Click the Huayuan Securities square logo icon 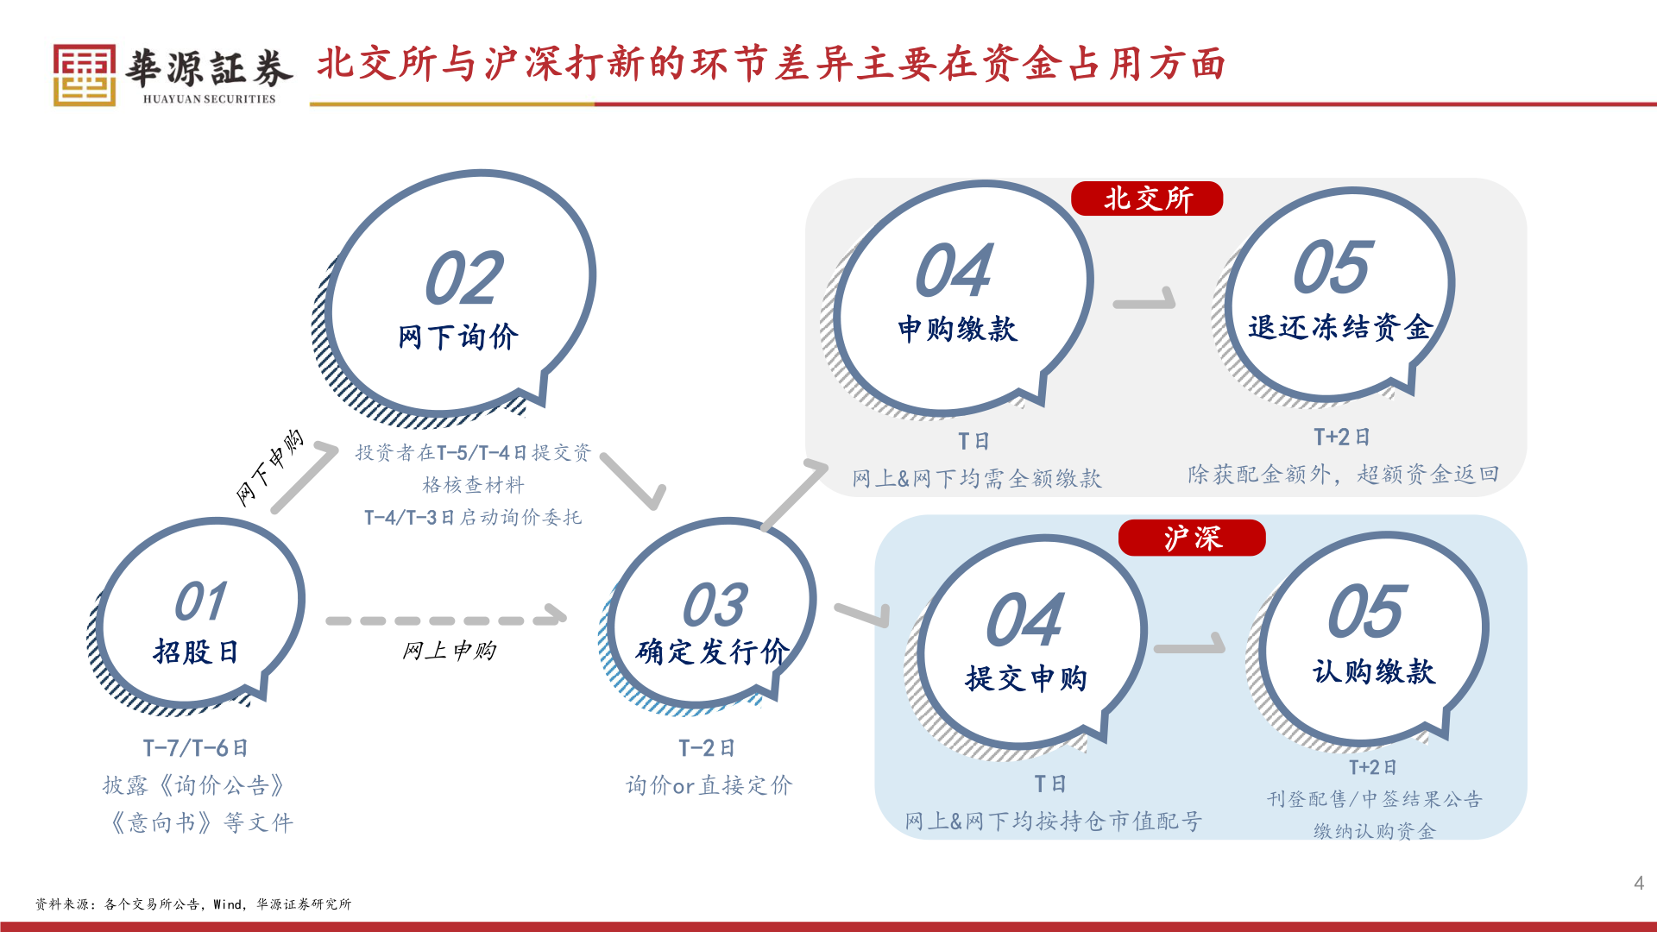[84, 75]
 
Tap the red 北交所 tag [1147, 198]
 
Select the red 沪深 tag [1192, 538]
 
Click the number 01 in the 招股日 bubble [200, 601]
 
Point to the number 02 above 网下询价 [464, 279]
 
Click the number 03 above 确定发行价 [715, 605]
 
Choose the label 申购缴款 [957, 329]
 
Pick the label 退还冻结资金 [1339, 327]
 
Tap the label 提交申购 [1025, 678]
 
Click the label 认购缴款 [1373, 671]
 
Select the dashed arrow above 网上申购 [445, 619]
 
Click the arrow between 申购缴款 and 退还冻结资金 [1145, 300]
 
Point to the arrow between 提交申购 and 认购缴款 [1190, 645]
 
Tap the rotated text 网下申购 [270, 467]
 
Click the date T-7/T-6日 [196, 748]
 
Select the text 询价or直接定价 [709, 785]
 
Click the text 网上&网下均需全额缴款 [976, 478]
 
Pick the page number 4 [1638, 883]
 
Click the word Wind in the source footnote [228, 904]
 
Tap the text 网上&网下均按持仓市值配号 [1053, 821]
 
